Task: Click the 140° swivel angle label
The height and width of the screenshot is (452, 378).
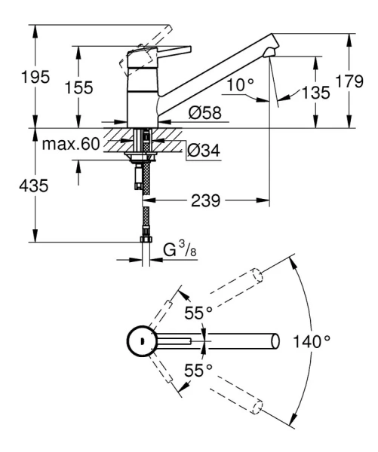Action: coord(312,341)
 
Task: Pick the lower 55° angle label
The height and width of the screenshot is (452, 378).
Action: coord(197,370)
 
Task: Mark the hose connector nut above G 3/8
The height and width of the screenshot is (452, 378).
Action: coord(143,240)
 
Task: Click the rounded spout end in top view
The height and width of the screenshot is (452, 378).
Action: coord(273,341)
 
